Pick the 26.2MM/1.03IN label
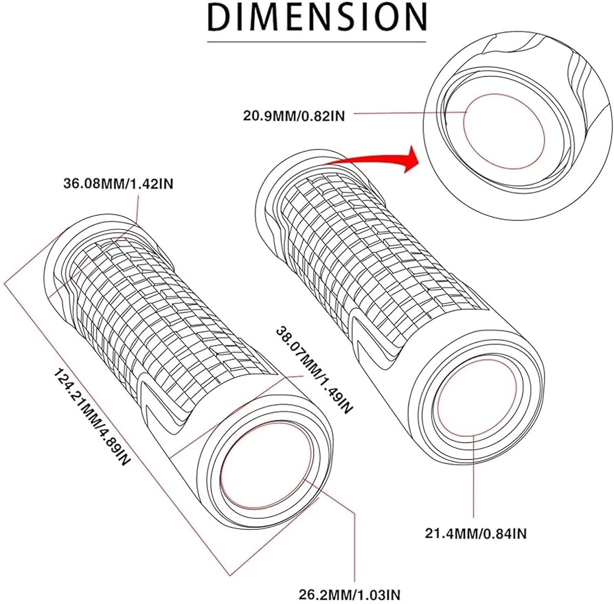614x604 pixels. point(354,592)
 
